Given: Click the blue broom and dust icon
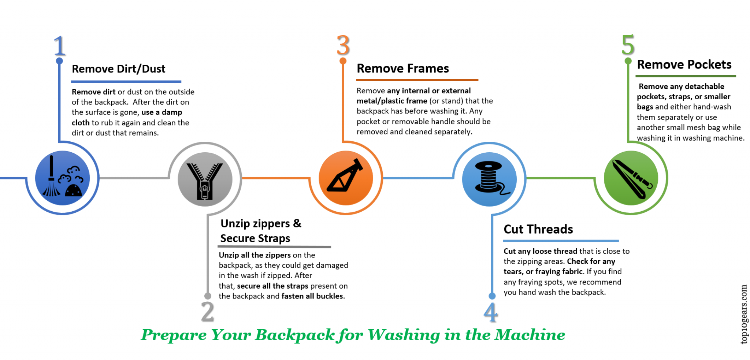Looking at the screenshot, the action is pyautogui.click(x=63, y=178).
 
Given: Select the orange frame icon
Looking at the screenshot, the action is pyautogui.click(x=346, y=178).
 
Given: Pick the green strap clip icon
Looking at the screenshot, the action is pyautogui.click(x=631, y=178).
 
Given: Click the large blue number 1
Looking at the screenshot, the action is pyautogui.click(x=59, y=45).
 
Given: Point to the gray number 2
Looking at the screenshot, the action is pyautogui.click(x=208, y=312).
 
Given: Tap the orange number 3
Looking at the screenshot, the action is pyautogui.click(x=343, y=45).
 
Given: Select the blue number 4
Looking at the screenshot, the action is pyautogui.click(x=491, y=312).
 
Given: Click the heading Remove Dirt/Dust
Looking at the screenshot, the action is pyautogui.click(x=119, y=69).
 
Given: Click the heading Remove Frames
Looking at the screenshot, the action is pyautogui.click(x=403, y=68).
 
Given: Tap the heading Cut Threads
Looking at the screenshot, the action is pyautogui.click(x=538, y=229).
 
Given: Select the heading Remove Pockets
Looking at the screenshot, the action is pyautogui.click(x=684, y=64).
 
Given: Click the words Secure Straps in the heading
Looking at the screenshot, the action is pyautogui.click(x=255, y=238).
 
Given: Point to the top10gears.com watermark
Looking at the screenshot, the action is pyautogui.click(x=743, y=314).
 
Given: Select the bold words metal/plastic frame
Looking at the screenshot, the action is pyautogui.click(x=392, y=101).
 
